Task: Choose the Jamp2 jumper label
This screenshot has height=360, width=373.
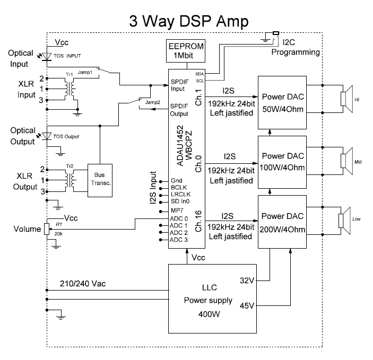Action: pyautogui.click(x=152, y=102)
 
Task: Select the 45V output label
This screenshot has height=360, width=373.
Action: pyautogui.click(x=246, y=306)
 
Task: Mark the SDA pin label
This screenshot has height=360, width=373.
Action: pyautogui.click(x=199, y=74)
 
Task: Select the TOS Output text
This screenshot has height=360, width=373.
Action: pyautogui.click(x=66, y=136)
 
